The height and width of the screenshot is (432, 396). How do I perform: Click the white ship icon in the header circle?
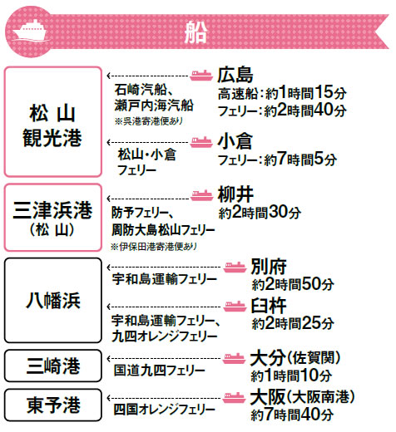[x=29, y=31]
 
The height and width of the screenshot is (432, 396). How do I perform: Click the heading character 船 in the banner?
[x=196, y=32]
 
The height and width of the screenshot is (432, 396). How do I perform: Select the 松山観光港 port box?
[x=53, y=121]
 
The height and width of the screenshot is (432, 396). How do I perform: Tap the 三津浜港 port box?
[x=53, y=218]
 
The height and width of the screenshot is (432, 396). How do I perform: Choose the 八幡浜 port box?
[x=53, y=301]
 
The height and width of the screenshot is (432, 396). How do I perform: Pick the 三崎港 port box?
[x=53, y=366]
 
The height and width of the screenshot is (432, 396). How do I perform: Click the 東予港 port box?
[x=53, y=405]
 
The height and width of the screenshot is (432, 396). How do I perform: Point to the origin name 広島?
[x=235, y=75]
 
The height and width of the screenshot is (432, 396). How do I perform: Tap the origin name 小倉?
[x=235, y=141]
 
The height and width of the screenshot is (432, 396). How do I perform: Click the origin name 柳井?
[x=235, y=194]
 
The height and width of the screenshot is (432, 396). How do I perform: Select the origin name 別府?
[x=269, y=267]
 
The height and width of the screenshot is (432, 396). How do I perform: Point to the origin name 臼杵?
[x=269, y=306]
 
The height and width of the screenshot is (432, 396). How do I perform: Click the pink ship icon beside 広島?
[x=201, y=75]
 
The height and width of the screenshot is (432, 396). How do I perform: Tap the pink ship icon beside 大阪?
[x=235, y=398]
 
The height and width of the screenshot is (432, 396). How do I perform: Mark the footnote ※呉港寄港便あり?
[x=149, y=121]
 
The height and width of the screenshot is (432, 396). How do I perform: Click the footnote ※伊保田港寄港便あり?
[x=154, y=247]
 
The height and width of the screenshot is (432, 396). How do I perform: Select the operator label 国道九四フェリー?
[x=160, y=371]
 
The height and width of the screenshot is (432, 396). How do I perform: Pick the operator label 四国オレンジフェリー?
[x=165, y=410]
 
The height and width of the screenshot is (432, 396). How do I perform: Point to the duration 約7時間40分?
[x=292, y=415]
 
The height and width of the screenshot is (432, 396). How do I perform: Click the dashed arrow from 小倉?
[x=148, y=143]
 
